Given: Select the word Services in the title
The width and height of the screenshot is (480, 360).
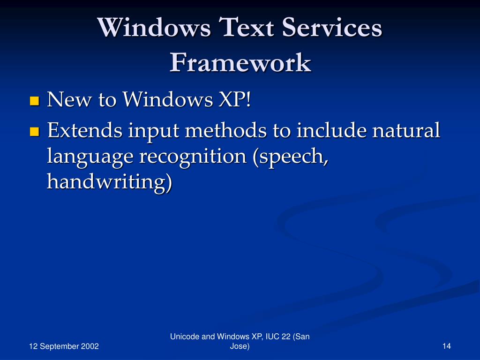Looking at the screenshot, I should point(330,28).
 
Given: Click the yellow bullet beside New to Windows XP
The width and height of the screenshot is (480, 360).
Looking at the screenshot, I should point(34,101).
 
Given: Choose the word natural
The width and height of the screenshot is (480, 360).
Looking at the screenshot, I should point(406,130).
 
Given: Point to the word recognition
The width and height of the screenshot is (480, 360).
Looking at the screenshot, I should point(192,157).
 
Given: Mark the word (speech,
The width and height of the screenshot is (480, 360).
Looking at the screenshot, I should point(291,157).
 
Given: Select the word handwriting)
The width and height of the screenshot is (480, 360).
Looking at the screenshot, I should point(109,182).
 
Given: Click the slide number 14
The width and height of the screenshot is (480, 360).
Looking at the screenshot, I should point(446,346).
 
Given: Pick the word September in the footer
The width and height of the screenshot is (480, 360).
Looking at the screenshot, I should point(57,346).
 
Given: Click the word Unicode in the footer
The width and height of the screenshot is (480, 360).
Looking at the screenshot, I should point(183,337).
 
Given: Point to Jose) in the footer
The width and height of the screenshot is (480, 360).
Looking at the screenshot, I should point(240,346).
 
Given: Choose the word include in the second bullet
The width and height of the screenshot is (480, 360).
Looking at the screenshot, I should point(331,130).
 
